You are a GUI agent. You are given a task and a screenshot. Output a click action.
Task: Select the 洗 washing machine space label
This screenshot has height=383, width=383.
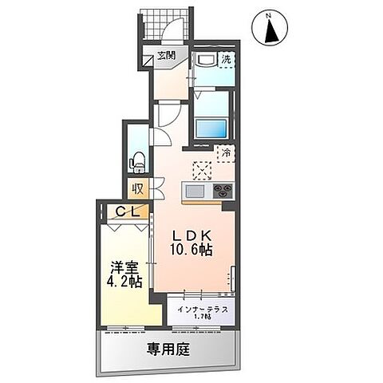coord(226,59)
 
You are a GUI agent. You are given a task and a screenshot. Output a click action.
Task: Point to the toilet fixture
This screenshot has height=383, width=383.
coord(136,159)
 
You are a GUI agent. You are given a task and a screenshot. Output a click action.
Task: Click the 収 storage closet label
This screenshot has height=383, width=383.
coord(138,189)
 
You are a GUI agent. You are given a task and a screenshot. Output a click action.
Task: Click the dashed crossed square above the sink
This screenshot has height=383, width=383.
coord(203,170)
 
